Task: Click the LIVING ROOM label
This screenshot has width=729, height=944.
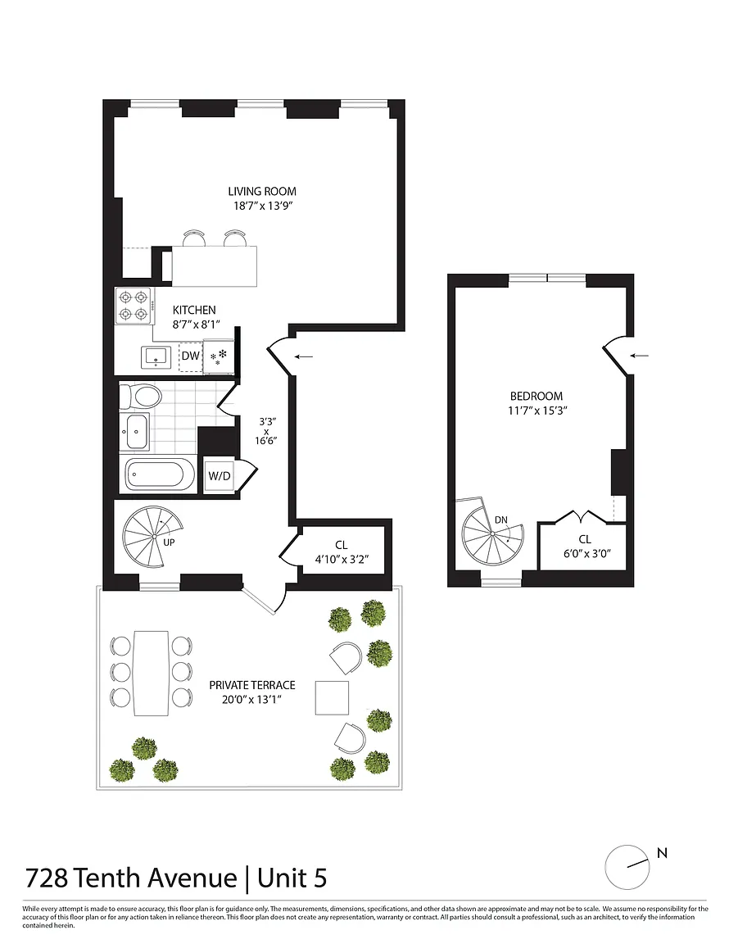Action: pyautogui.click(x=262, y=192)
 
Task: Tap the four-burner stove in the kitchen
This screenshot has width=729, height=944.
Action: pyautogui.click(x=134, y=306)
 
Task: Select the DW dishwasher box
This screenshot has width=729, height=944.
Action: pyautogui.click(x=191, y=356)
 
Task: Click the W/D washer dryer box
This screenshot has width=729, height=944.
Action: pyautogui.click(x=220, y=476)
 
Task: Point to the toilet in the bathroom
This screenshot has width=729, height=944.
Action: pyautogui.click(x=140, y=396)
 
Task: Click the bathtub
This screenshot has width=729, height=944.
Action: pyautogui.click(x=159, y=474)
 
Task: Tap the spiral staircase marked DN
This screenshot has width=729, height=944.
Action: pyautogui.click(x=492, y=534)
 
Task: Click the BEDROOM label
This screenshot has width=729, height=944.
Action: pyautogui.click(x=537, y=396)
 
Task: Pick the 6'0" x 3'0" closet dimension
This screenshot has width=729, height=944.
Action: pyautogui.click(x=587, y=553)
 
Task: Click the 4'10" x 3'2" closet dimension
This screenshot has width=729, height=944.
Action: pyautogui.click(x=342, y=560)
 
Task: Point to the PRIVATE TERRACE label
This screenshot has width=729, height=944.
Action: pyautogui.click(x=252, y=685)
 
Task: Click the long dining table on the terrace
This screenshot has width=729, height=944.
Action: pyautogui.click(x=151, y=673)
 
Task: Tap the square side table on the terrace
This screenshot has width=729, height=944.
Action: pyautogui.click(x=333, y=697)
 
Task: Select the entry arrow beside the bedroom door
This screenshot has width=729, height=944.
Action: pyautogui.click(x=639, y=356)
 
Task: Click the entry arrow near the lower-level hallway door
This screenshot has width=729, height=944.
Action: pyautogui.click(x=303, y=357)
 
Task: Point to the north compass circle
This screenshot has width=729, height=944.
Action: pyautogui.click(x=627, y=867)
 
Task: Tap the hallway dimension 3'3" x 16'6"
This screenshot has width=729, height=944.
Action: pyautogui.click(x=265, y=430)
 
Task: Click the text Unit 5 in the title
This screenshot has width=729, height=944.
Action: pyautogui.click(x=292, y=878)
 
